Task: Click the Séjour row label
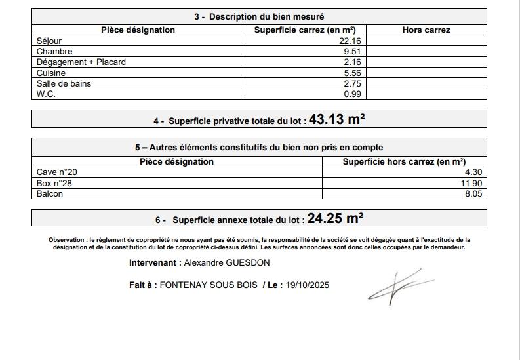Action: coord(49,41)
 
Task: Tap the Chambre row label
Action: coord(54,51)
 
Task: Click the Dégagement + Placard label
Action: coord(81,62)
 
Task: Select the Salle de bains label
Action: coord(64,83)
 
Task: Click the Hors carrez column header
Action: coord(426,30)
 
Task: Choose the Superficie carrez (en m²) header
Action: coord(305,30)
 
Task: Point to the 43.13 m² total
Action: coord(336,119)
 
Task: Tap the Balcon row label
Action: coord(50,193)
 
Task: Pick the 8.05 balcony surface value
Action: coord(473,193)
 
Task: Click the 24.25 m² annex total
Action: coord(335,218)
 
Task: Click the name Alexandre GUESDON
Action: coord(227,263)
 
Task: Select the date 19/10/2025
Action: coord(308,285)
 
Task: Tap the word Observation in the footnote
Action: coord(67,240)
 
